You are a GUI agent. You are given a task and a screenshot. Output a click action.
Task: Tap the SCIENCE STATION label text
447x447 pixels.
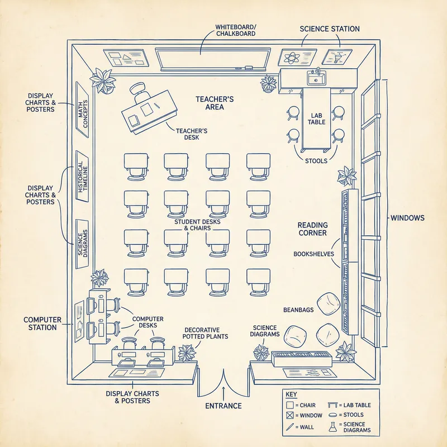(x=330, y=28)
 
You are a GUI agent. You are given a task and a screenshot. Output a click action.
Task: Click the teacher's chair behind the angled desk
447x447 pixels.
(x=138, y=89)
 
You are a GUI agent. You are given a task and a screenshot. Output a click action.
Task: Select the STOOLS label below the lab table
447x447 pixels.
(x=316, y=160)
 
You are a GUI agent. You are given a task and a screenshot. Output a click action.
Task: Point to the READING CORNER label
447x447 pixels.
(x=312, y=229)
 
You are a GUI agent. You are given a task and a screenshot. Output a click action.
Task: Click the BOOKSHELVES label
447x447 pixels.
(x=313, y=254)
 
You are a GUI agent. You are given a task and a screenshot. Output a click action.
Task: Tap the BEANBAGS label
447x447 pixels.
(x=298, y=308)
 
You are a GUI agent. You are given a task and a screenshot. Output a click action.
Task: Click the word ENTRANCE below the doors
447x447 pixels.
(x=223, y=406)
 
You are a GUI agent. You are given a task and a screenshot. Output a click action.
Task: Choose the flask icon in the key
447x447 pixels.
(x=332, y=426)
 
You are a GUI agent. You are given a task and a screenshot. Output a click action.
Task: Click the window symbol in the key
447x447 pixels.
(x=289, y=416)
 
